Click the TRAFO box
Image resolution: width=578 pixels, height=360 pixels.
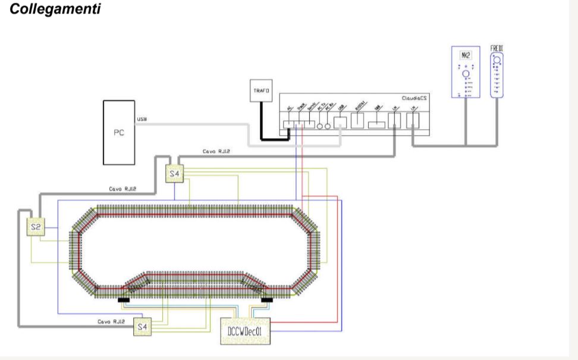click(260, 91)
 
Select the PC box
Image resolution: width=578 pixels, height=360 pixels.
click(119, 132)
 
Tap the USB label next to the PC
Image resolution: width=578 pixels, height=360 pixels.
click(142, 119)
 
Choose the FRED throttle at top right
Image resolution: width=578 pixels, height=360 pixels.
click(497, 74)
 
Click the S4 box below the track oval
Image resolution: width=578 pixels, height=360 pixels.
click(142, 326)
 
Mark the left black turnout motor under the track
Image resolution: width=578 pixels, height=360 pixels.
click(124, 300)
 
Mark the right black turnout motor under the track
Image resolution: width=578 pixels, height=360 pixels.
click(266, 300)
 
